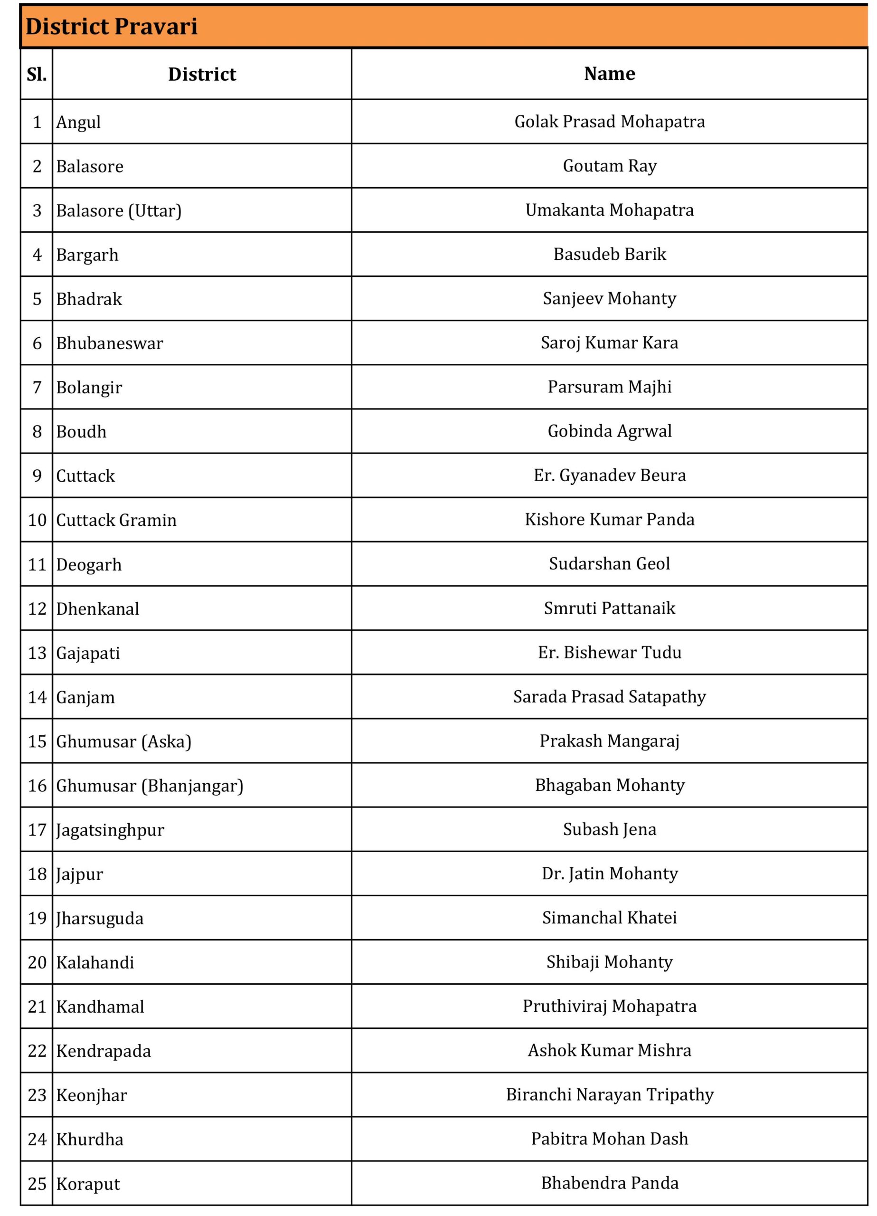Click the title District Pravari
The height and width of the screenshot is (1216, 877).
click(112, 26)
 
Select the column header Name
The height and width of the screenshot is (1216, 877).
click(609, 74)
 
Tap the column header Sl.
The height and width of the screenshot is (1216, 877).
click(37, 74)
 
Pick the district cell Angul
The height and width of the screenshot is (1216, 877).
click(78, 122)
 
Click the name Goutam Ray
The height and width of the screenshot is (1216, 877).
click(609, 166)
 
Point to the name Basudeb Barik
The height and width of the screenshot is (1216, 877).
click(609, 254)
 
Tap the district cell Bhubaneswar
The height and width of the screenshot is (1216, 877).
click(109, 343)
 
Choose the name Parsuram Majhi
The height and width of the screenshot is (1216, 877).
click(609, 387)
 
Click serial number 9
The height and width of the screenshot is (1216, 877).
click(37, 475)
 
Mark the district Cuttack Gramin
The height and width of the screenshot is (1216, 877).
click(116, 520)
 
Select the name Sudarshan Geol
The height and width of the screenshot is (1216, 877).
click(609, 563)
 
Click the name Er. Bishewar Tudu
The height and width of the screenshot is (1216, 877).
click(609, 652)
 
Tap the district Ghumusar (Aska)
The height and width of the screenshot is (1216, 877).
click(123, 741)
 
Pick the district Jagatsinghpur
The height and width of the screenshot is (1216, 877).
click(110, 830)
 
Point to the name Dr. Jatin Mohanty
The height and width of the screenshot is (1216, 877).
click(609, 874)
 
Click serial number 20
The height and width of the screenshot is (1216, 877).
click(37, 962)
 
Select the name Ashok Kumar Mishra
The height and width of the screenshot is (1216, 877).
click(609, 1050)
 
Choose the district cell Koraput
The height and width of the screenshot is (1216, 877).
click(88, 1184)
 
